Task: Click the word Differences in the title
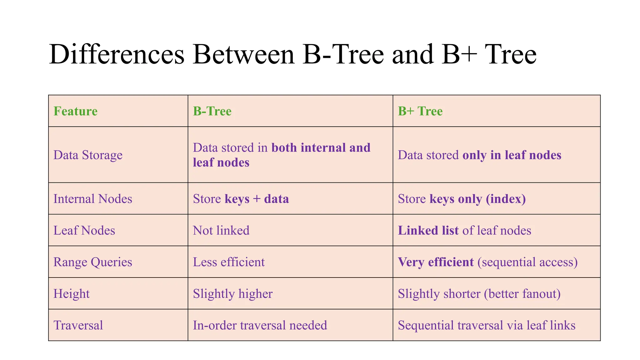click(x=117, y=55)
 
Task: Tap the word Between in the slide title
click(x=244, y=55)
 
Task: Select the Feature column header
click(x=75, y=111)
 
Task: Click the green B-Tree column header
click(x=212, y=111)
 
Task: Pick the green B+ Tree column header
click(x=420, y=111)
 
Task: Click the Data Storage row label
click(x=88, y=155)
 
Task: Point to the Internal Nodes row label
click(x=93, y=199)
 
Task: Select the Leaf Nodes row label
click(x=84, y=231)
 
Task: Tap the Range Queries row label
click(x=93, y=262)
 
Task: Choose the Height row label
click(x=72, y=294)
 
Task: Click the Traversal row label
click(x=78, y=325)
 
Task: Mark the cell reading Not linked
click(x=221, y=231)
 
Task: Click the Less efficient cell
click(x=229, y=262)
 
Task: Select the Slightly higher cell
click(x=233, y=294)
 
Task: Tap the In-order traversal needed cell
click(x=260, y=325)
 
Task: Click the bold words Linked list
click(x=428, y=231)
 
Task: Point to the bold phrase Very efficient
click(x=436, y=262)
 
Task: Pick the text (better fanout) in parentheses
click(x=522, y=294)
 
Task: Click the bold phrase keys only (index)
click(x=478, y=199)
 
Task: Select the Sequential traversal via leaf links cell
click(x=487, y=325)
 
